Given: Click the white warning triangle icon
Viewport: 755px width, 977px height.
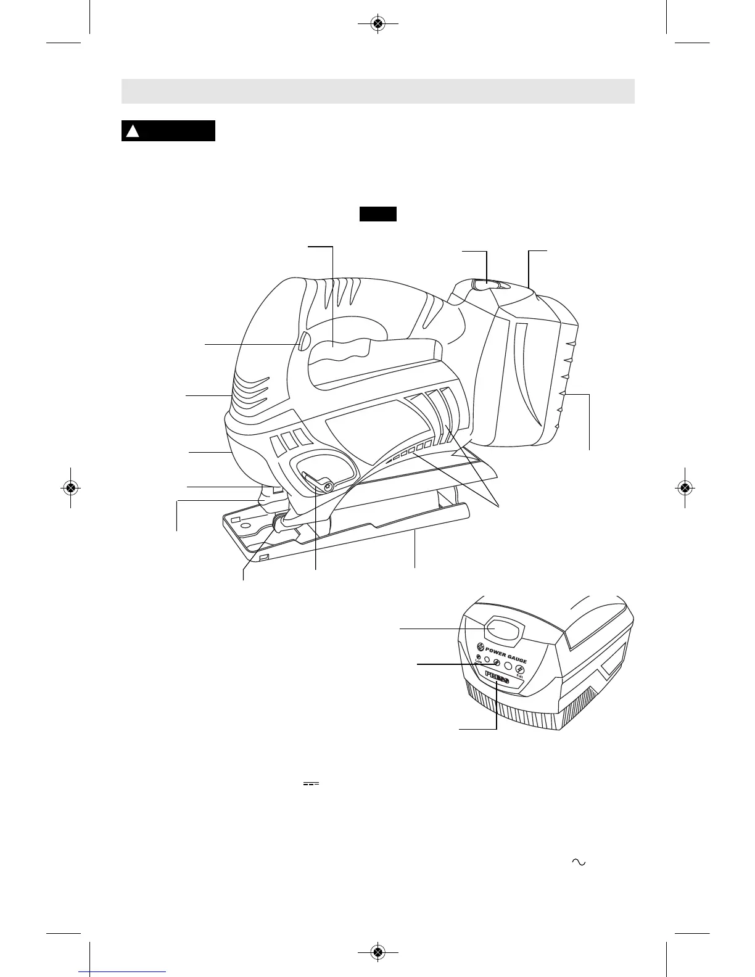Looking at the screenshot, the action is coord(131,131).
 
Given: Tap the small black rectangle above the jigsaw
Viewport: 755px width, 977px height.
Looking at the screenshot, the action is coord(377,214).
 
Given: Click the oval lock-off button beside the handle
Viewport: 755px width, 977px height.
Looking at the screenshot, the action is coord(302,341).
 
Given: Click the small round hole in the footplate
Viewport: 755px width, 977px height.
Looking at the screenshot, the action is coord(246,525).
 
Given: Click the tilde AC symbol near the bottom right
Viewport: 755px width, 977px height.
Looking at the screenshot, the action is coord(578,862).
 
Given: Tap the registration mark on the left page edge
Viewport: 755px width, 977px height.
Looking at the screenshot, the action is coord(70,487).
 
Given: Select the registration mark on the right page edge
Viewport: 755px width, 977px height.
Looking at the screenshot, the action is coord(685,487).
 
